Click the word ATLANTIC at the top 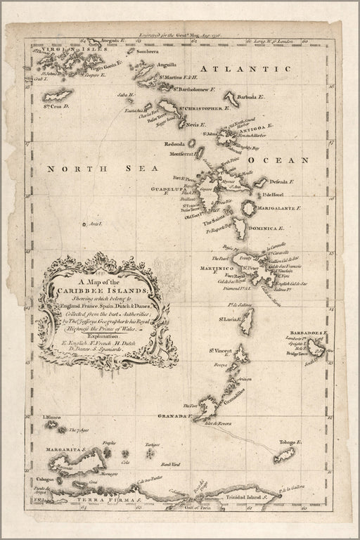245,68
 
